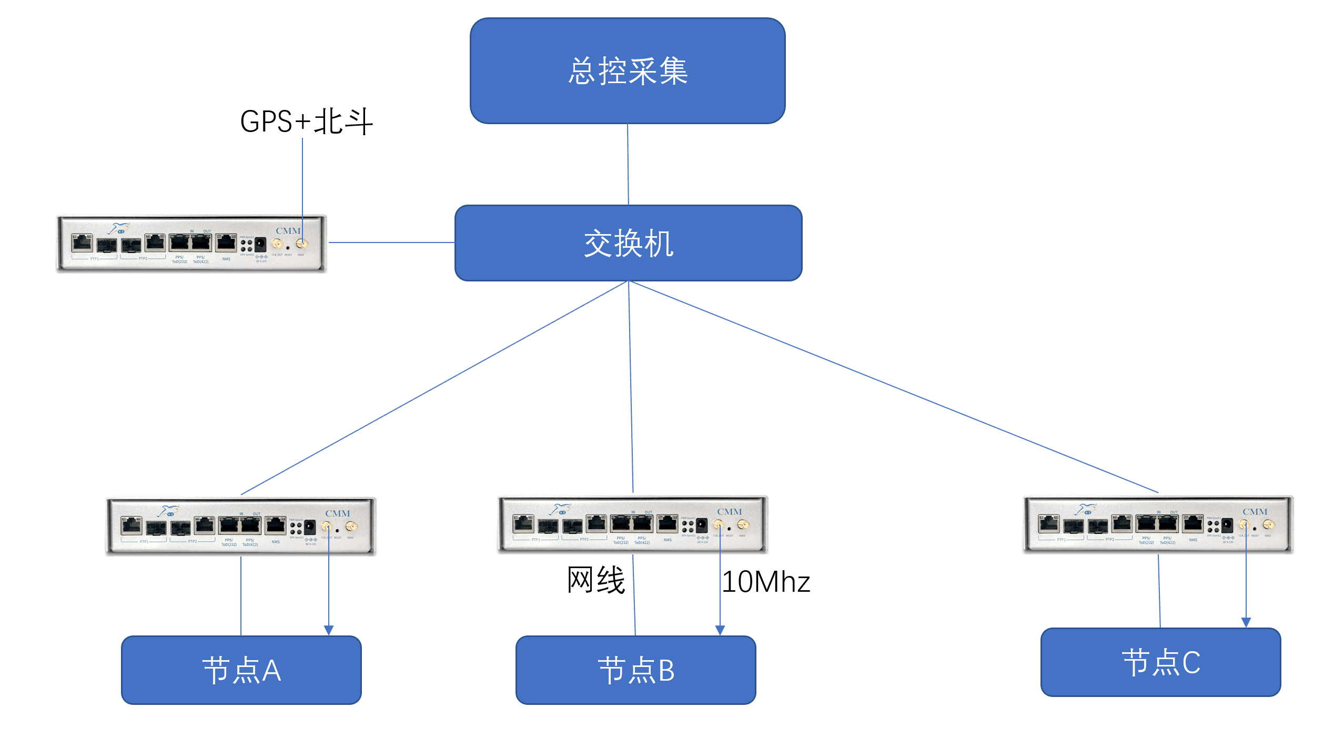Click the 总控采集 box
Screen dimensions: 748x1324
click(628, 71)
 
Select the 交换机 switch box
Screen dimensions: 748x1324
click(628, 243)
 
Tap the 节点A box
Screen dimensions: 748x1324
click(241, 670)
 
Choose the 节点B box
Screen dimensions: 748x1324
click(636, 670)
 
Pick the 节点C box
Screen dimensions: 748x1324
click(1160, 662)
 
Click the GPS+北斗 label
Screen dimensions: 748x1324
click(306, 122)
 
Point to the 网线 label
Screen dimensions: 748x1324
click(596, 581)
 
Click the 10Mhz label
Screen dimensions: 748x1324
click(766, 582)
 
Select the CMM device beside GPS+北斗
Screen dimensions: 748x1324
click(191, 244)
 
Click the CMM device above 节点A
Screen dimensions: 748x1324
click(241, 526)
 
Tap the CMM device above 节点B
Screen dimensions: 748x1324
click(633, 524)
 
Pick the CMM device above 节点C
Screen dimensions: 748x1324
click(1158, 524)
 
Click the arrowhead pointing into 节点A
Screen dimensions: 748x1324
click(329, 630)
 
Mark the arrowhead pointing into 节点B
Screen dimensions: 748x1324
click(720, 630)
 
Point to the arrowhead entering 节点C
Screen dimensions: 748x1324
click(1246, 622)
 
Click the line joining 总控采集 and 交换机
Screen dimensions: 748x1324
click(628, 164)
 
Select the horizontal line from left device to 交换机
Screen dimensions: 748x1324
click(391, 242)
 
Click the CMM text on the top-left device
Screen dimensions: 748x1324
click(288, 231)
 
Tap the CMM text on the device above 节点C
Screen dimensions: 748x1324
click(1255, 512)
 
